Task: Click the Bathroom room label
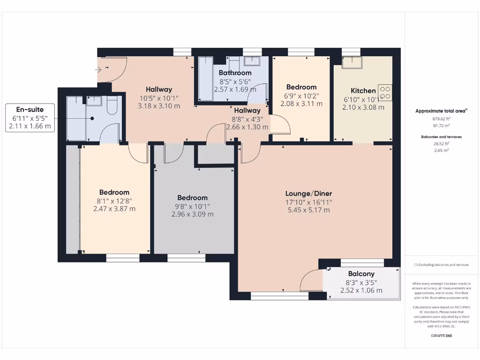[x=235, y=73]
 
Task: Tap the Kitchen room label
[x=363, y=90]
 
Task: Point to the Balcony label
[x=361, y=274]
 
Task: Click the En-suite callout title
[x=30, y=109]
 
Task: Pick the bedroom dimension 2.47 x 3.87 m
[x=114, y=209]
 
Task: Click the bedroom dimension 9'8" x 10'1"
[x=192, y=206]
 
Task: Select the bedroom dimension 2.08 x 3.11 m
[x=301, y=104]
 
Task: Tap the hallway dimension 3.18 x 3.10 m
[x=159, y=106]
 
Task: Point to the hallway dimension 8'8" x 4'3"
[x=247, y=119]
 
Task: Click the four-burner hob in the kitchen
[x=385, y=92]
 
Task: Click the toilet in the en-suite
[x=112, y=107]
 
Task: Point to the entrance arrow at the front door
[x=98, y=70]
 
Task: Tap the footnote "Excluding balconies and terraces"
[x=441, y=265]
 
